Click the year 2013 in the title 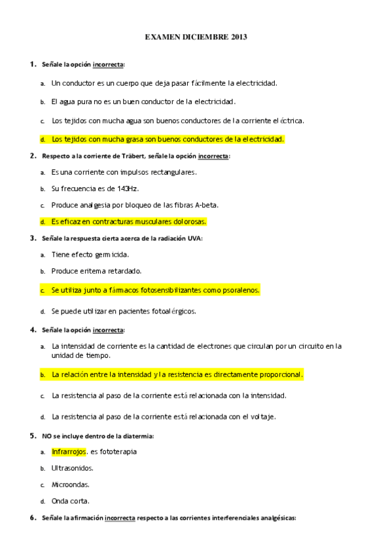(239, 37)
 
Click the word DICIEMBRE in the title (202, 37)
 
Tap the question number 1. (32, 64)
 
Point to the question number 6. (32, 517)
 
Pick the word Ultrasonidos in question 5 (72, 468)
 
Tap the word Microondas (70, 485)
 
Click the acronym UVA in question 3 (194, 238)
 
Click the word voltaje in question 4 (260, 416)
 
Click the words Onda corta (72, 501)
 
